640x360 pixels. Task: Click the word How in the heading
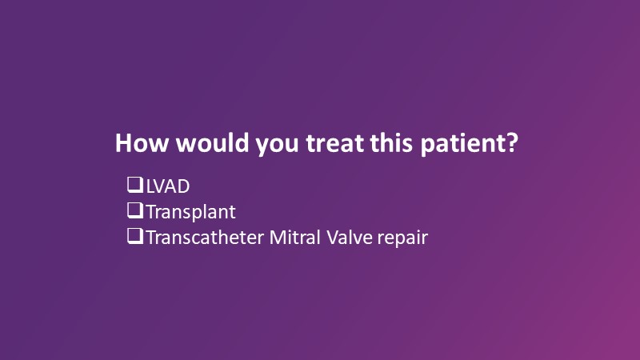[x=142, y=143]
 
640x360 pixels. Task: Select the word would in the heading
[x=212, y=143]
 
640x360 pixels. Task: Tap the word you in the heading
[x=277, y=146]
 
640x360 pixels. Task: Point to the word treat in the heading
[x=334, y=144]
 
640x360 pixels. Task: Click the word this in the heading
[x=391, y=143]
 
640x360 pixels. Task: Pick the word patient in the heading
[x=464, y=144]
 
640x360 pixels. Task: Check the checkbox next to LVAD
[x=135, y=185]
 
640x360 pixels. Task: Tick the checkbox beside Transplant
[x=135, y=210]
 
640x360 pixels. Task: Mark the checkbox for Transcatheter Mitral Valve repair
[x=135, y=236]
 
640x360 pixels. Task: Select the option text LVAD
[x=168, y=186]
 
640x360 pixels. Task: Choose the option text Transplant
[x=191, y=213]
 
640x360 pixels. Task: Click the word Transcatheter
[x=205, y=238]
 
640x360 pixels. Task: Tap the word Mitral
[x=294, y=238]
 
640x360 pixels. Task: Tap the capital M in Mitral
[x=278, y=238]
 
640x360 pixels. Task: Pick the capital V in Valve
[x=334, y=238]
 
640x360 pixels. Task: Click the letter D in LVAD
[x=183, y=186]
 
